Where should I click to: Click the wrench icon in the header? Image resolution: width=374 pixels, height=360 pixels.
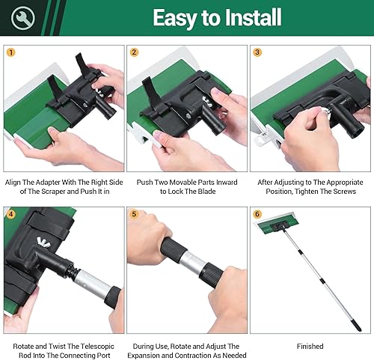22,18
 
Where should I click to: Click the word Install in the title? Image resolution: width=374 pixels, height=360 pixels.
253,17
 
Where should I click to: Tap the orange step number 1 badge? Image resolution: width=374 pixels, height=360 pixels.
11,52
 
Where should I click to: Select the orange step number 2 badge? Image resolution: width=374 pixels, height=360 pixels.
134,52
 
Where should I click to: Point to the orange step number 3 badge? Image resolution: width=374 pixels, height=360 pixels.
257,52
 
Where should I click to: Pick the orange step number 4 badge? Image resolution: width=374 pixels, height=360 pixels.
11,214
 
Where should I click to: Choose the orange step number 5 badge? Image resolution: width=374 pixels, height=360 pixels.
134,214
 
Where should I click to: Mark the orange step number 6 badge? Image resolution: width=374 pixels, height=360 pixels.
257,214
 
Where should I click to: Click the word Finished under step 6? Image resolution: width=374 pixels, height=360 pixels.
310,347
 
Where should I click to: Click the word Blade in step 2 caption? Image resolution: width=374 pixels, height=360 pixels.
207,192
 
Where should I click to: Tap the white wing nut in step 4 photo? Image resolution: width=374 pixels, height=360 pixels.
43,242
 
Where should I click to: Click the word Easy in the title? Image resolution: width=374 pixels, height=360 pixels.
174,18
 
